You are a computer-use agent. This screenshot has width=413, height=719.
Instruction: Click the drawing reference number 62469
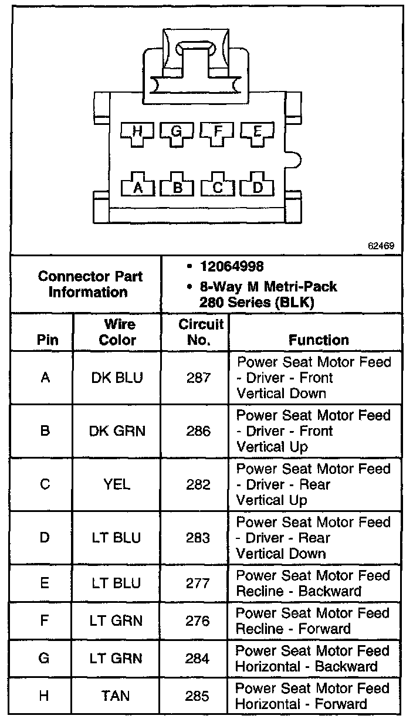381,246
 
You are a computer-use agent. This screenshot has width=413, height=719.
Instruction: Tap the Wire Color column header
117,332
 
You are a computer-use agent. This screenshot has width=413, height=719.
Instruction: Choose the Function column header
319,340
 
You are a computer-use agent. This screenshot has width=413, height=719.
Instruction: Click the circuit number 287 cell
198,378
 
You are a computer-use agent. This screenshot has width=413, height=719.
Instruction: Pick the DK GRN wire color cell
117,431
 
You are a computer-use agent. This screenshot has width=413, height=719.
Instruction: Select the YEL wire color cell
117,484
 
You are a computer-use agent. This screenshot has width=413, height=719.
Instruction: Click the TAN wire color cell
116,696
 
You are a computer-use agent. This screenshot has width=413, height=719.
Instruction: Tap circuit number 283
198,538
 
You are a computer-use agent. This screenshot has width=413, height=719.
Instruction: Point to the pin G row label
44,659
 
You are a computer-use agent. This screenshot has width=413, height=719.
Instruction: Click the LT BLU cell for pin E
116,584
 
